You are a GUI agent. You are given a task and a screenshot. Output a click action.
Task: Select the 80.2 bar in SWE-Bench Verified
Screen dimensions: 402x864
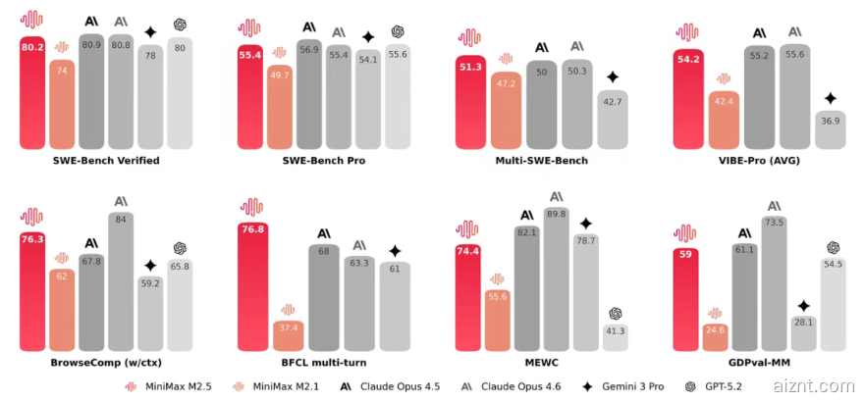[x=32, y=93]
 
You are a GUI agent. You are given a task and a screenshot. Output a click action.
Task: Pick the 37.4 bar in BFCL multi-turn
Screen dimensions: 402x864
[x=289, y=335]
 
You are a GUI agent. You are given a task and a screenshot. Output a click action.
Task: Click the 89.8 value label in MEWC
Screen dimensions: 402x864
[x=557, y=214]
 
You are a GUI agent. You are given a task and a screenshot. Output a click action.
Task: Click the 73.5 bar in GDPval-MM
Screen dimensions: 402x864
[x=774, y=284]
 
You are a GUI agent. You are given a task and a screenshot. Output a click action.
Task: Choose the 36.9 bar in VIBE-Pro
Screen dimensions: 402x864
[x=830, y=130]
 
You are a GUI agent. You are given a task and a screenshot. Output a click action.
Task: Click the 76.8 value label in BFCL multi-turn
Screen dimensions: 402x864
[x=252, y=229]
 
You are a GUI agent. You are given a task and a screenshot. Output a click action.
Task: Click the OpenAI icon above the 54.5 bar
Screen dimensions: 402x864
[x=833, y=247]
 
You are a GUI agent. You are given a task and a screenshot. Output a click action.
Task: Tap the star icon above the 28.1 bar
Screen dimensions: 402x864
[x=803, y=306]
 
